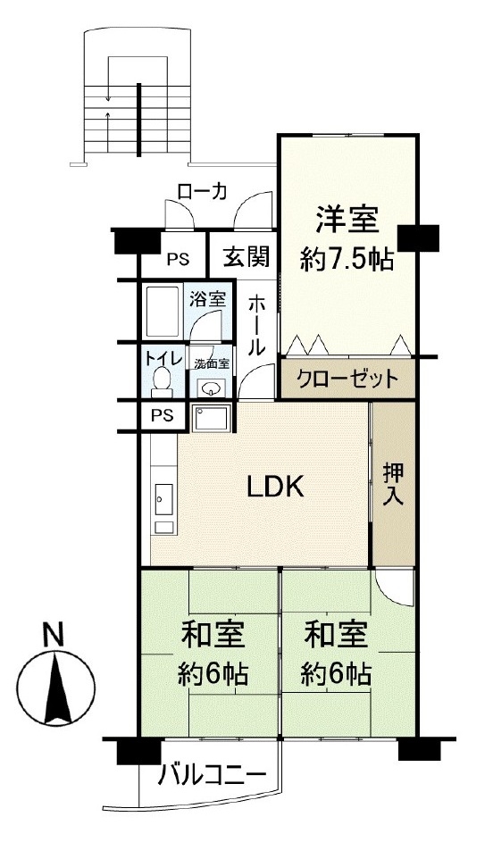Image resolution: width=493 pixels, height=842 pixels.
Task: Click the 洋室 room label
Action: [x=347, y=221]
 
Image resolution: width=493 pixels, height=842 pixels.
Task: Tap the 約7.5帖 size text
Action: [x=347, y=261]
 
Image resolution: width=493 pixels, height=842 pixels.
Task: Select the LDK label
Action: [x=275, y=487]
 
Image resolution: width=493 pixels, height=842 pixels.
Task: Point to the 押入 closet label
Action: [x=393, y=485]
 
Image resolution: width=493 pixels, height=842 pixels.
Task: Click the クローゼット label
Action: [x=348, y=379]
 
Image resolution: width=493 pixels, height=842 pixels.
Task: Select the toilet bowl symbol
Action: [x=161, y=382]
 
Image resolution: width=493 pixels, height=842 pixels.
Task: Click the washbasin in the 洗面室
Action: [x=210, y=387]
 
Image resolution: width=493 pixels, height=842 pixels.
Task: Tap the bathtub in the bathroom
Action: [x=163, y=311]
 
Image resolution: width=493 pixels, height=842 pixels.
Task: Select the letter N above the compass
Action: [x=54, y=634]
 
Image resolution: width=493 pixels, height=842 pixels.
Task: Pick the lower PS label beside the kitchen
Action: [x=162, y=415]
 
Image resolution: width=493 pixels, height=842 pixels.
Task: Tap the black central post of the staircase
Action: [x=139, y=120]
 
